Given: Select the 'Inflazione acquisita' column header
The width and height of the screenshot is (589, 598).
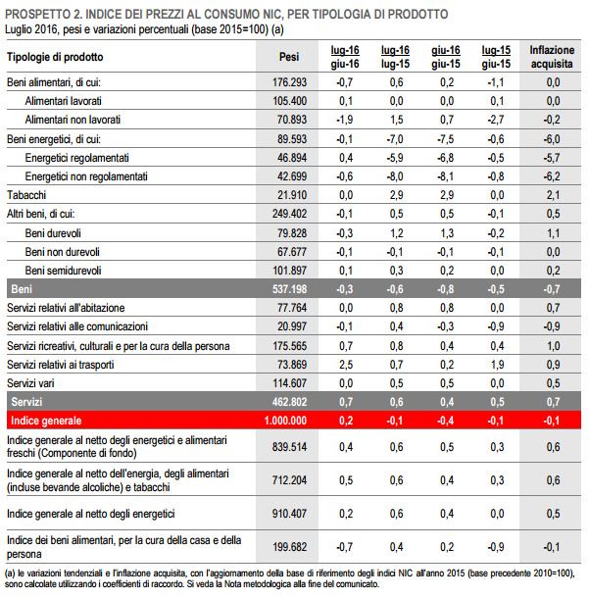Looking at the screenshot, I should (552, 56).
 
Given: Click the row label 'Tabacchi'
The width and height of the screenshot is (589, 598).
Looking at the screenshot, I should (27, 194).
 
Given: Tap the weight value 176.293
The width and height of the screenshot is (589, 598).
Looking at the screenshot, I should (288, 82).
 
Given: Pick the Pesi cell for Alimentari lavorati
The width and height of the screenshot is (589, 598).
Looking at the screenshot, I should (288, 101).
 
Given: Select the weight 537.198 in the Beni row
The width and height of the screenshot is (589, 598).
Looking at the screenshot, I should (288, 289).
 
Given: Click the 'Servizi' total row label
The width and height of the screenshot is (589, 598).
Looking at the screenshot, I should (28, 402).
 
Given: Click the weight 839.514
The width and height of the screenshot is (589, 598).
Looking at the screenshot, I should (288, 447).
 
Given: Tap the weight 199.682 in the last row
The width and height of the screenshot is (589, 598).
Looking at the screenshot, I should (288, 546).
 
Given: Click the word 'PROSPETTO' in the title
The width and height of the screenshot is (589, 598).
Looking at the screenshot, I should (43, 15).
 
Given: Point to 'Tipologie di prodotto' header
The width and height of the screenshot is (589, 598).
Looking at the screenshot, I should (55, 56).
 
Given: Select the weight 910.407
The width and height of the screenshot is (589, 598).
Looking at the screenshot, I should (288, 513).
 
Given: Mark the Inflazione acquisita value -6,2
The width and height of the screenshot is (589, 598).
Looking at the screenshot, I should (552, 176).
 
